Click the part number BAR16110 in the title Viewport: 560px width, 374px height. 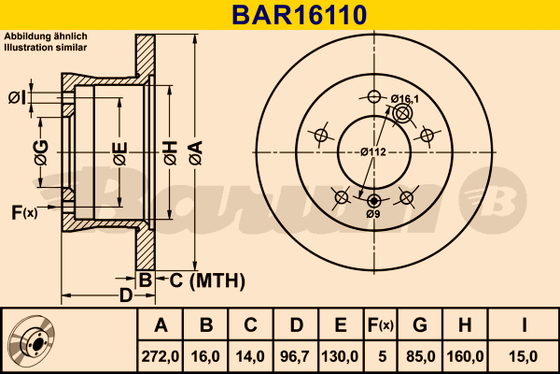click(279, 15)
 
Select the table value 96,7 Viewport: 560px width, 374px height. click(296, 355)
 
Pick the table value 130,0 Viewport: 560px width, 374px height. click(341, 355)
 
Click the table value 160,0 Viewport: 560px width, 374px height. click(464, 355)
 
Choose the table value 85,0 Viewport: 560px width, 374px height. click(420, 355)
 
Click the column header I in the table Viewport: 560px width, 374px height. click(525, 325)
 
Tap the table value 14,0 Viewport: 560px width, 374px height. click(251, 355)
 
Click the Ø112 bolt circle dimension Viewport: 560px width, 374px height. click(374, 152)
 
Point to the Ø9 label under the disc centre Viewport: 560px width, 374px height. click(372, 215)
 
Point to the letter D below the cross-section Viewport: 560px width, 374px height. click(124, 296)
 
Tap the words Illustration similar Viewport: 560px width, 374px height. click(46, 46)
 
